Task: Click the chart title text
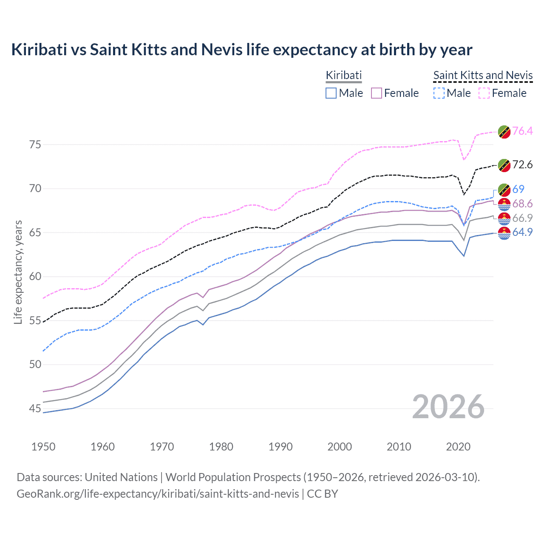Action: point(241,50)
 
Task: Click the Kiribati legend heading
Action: point(343,75)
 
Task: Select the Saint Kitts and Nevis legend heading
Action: point(483,75)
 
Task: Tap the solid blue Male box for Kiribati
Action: point(331,93)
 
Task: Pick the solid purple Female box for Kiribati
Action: point(377,93)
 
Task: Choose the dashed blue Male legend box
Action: point(439,93)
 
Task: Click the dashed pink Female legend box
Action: point(484,93)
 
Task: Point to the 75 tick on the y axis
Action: point(35,145)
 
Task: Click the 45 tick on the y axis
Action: point(35,409)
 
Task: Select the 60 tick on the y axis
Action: point(35,277)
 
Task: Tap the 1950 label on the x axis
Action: point(43,447)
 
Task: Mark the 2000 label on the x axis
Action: point(340,447)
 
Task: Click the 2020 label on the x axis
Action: point(458,447)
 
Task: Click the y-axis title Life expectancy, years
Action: point(18,272)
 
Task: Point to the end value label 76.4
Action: point(522,131)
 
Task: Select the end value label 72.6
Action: point(522,165)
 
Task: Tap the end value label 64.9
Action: point(522,232)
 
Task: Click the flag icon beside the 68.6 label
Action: point(504,204)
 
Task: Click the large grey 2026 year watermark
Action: point(448,407)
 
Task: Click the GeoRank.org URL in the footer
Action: point(158,494)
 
